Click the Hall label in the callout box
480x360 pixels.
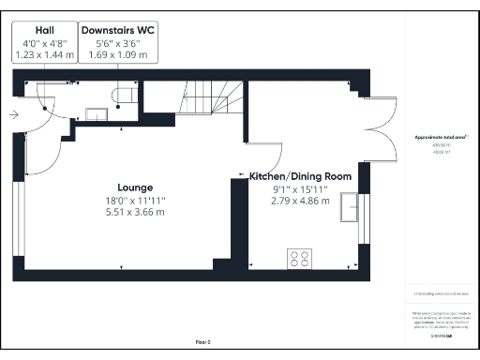pos(44,30)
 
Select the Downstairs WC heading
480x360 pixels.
pos(117,30)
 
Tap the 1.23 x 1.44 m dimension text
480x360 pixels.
pos(44,55)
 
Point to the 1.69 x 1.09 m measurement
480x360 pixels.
pos(117,55)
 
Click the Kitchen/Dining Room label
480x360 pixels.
pos(300,175)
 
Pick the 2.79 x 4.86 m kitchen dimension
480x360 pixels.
pos(300,200)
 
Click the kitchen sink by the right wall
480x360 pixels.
pos(352,208)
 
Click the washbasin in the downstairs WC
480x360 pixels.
pos(97,113)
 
